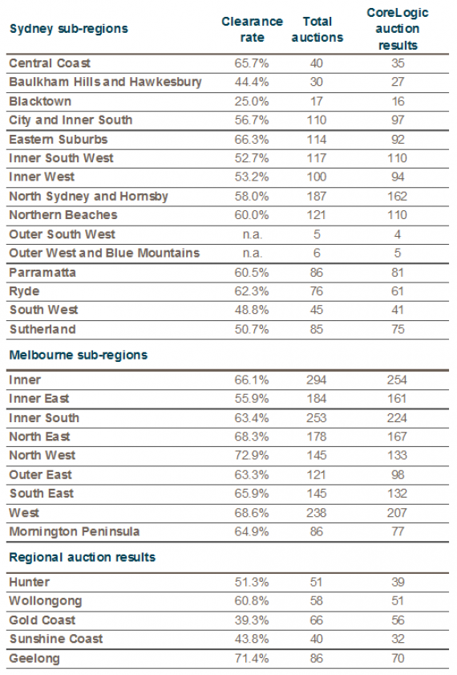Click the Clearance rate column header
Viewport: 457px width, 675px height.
click(252, 29)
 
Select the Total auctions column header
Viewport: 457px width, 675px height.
click(317, 29)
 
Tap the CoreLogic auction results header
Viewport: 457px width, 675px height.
click(398, 29)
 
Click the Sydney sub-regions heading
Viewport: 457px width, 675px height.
click(69, 29)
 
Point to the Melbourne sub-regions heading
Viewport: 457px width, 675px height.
click(79, 355)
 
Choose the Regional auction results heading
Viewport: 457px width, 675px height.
click(82, 558)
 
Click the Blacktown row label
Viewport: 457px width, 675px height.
click(40, 102)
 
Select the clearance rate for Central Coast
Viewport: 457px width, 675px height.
click(252, 63)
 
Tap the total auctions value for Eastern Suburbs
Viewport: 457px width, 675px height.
click(317, 140)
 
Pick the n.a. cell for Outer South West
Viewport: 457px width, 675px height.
click(252, 234)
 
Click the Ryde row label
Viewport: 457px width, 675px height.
click(25, 291)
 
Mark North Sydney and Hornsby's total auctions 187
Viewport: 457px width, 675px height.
click(317, 197)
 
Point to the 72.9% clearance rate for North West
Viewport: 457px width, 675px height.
click(252, 455)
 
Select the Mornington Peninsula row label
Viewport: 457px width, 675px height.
click(75, 531)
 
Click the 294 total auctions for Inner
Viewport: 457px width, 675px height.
click(317, 380)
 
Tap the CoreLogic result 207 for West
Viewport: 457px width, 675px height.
click(397, 513)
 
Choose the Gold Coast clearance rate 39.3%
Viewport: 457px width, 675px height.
click(252, 620)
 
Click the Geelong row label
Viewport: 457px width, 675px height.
click(34, 659)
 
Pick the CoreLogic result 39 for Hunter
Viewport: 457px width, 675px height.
click(398, 582)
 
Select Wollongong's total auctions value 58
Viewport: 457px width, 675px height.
click(317, 601)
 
